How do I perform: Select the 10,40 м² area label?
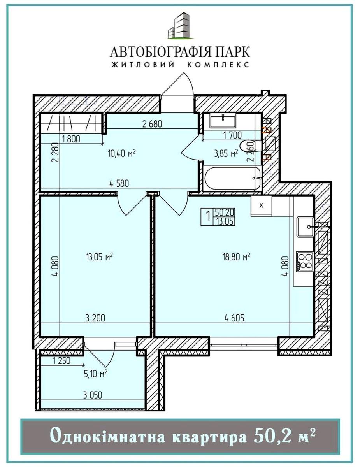point(122,153)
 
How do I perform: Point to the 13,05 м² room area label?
point(100,257)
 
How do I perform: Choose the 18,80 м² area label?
point(236,257)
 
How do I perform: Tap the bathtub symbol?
point(233,178)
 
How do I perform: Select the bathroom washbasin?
point(223,121)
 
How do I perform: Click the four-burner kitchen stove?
point(305,262)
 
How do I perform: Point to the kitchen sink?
point(305,226)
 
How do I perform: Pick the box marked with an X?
point(262,205)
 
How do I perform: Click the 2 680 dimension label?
point(152,124)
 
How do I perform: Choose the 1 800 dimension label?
point(71,139)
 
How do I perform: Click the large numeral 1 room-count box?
point(207,217)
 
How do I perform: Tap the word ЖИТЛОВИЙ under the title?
point(143,65)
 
